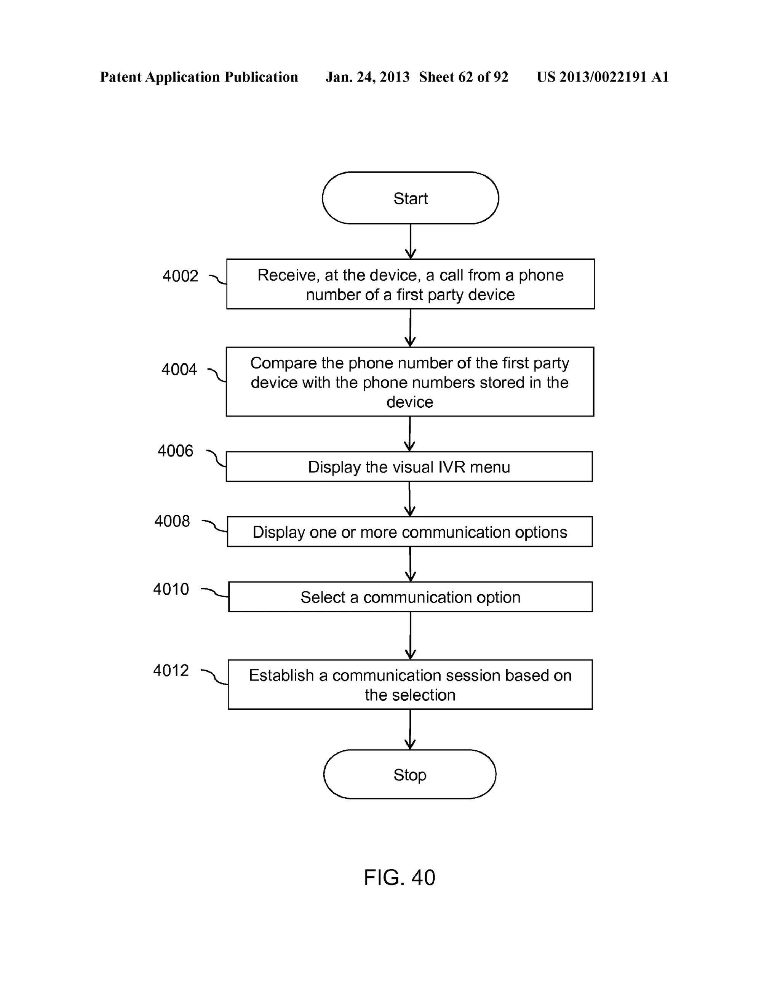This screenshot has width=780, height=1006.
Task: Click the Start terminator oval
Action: [410, 198]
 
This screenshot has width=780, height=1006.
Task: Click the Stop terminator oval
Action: [409, 775]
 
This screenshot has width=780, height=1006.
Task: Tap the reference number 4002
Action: [180, 276]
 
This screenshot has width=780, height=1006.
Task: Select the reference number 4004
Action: [179, 369]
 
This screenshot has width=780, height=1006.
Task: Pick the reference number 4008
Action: [172, 521]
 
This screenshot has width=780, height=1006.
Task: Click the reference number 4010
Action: [171, 589]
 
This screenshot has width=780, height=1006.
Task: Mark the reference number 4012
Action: [171, 670]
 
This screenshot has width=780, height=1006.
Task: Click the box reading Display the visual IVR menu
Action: [409, 467]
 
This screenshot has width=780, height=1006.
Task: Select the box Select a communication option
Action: [410, 597]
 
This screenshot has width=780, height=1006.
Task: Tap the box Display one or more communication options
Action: [409, 532]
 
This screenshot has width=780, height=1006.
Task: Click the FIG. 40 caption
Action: [399, 878]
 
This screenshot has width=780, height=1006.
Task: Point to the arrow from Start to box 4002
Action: [410, 241]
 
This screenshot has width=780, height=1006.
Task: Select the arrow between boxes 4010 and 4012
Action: [410, 636]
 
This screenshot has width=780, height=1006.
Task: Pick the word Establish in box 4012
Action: [281, 675]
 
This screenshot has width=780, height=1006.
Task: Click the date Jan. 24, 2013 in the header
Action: [367, 77]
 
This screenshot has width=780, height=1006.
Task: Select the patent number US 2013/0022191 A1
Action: [602, 77]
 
